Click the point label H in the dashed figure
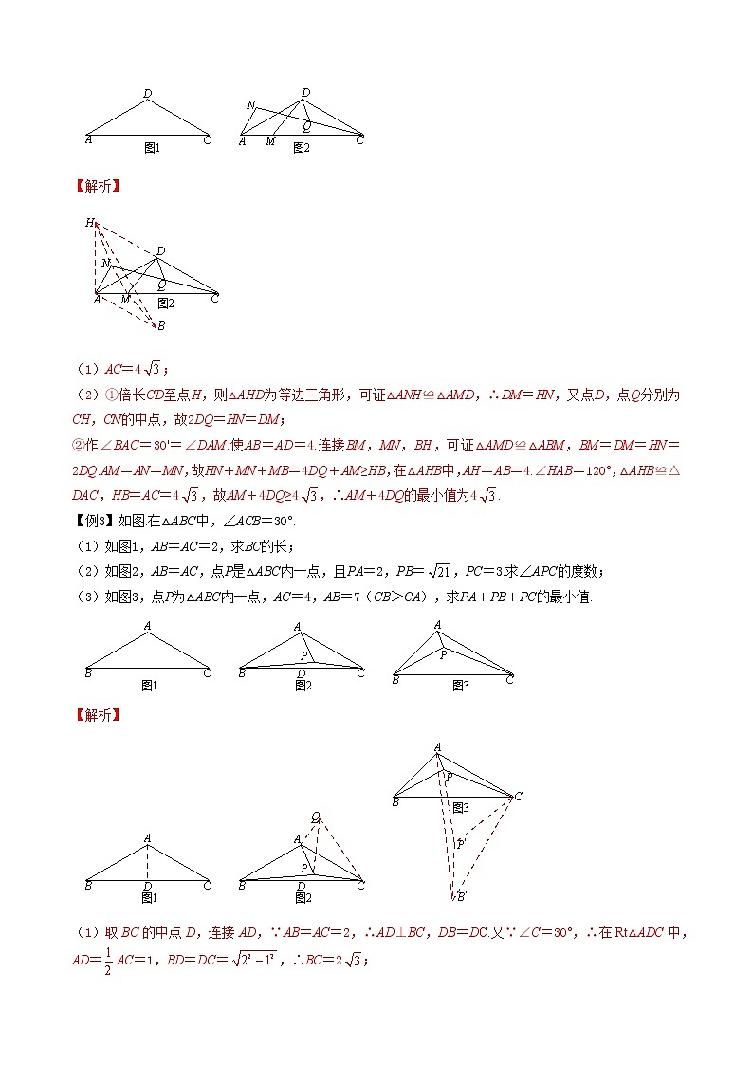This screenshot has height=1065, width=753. (90, 223)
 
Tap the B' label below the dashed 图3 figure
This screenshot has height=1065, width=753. (461, 895)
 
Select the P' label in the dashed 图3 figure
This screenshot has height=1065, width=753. (461, 842)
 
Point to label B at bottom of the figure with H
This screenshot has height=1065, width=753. (160, 326)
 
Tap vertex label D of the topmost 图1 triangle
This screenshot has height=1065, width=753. (148, 93)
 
